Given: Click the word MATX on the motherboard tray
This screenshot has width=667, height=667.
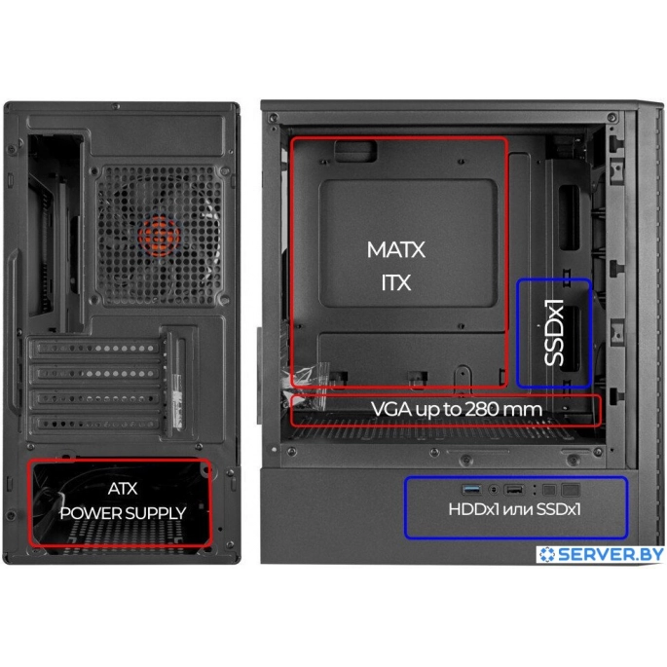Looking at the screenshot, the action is tap(396, 249).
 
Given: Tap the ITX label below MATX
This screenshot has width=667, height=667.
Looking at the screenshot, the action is tap(396, 282).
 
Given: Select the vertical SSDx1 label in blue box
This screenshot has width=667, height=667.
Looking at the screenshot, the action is tap(554, 332).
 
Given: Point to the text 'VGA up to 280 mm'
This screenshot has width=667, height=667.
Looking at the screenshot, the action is tap(457, 409).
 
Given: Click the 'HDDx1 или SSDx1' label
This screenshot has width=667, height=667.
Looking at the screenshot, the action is tap(514, 509).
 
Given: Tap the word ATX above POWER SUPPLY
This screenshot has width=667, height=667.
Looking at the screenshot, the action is tap(123, 489).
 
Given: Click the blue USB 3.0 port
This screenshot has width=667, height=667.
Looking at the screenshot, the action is tap(471, 490).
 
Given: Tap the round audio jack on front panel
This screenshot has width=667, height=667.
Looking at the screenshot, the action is tap(493, 490).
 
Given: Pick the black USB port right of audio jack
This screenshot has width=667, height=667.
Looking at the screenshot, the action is tap(514, 490).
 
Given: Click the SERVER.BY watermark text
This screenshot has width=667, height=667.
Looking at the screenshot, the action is tap(611, 554).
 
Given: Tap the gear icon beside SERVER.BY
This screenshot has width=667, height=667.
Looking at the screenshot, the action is tap(547, 554).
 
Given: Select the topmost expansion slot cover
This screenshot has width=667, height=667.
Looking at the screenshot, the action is tap(94, 348).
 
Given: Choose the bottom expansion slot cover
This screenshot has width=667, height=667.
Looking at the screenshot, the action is tap(94, 424).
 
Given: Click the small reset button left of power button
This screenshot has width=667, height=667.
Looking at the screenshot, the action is tap(549, 490).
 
